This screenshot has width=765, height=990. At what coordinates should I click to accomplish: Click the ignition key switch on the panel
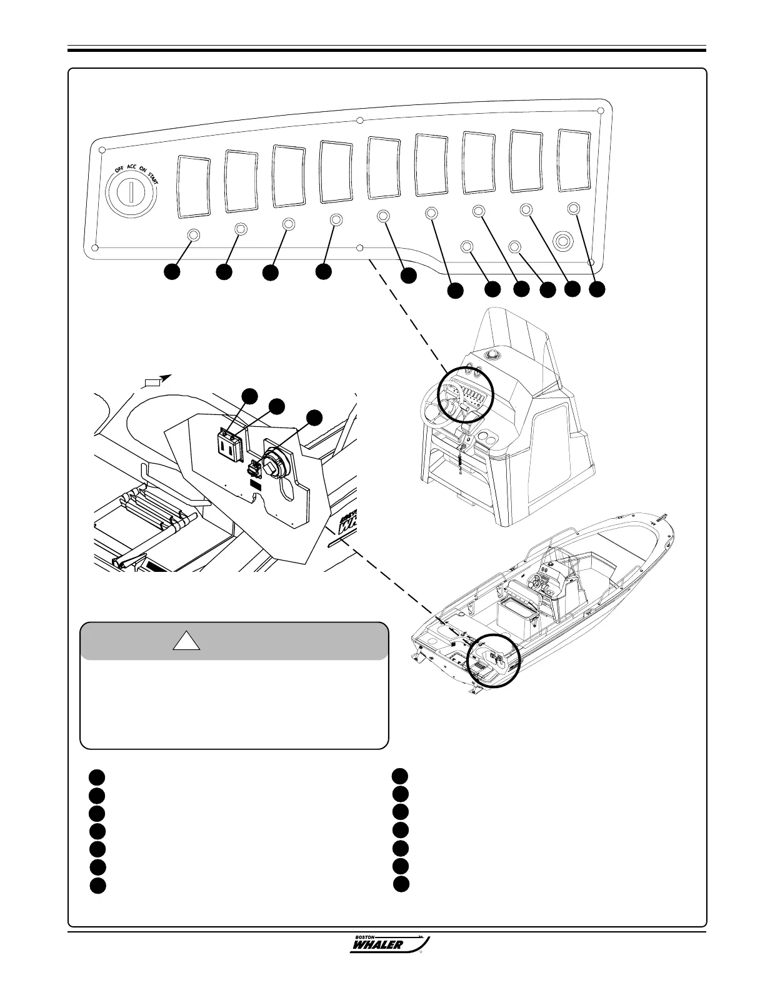pyautogui.click(x=131, y=192)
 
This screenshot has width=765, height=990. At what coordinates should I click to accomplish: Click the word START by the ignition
pyautogui.click(x=153, y=177)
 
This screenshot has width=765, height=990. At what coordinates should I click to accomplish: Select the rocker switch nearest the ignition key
pyautogui.click(x=194, y=187)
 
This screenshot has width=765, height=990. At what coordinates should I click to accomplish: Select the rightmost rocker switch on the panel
pyautogui.click(x=573, y=160)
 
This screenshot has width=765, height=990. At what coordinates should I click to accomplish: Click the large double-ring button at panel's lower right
pyautogui.click(x=564, y=240)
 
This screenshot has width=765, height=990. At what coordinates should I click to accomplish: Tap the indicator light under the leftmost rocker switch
pyautogui.click(x=194, y=235)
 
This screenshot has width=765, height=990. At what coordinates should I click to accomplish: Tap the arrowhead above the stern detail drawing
pyautogui.click(x=164, y=377)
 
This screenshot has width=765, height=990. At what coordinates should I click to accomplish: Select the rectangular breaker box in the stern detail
pyautogui.click(x=229, y=444)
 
